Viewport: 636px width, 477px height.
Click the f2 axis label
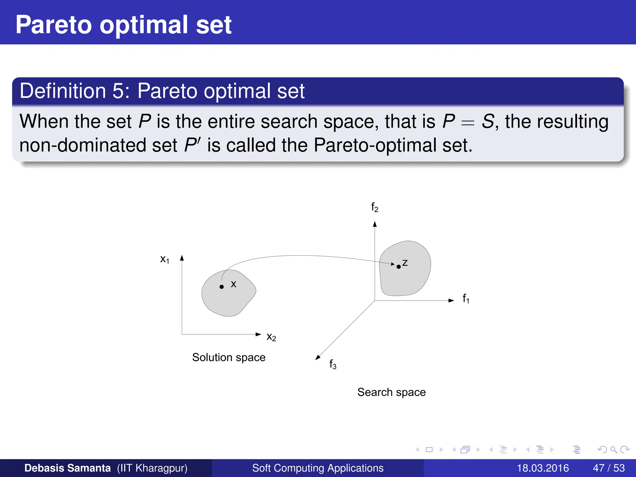click(x=375, y=207)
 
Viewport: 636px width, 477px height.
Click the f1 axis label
click(x=466, y=298)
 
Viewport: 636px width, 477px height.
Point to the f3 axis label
click(x=333, y=364)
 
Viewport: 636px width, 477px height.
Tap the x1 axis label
click(x=165, y=259)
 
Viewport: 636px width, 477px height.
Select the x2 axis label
click(x=271, y=337)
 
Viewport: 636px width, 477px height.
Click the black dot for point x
click(x=221, y=287)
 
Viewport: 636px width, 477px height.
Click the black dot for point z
click(x=398, y=267)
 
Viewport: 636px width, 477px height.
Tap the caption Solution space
click(x=229, y=357)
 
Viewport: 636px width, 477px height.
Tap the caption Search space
click(x=391, y=392)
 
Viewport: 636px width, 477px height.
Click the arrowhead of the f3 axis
click(x=317, y=358)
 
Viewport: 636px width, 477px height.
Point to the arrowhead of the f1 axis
click(x=452, y=300)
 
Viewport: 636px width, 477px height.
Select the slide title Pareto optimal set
click(x=123, y=25)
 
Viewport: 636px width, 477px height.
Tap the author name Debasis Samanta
click(x=67, y=468)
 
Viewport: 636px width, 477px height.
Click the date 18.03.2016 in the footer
click(x=543, y=468)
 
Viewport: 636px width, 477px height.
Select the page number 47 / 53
click(x=609, y=468)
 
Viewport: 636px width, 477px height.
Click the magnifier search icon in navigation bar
click(x=613, y=450)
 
